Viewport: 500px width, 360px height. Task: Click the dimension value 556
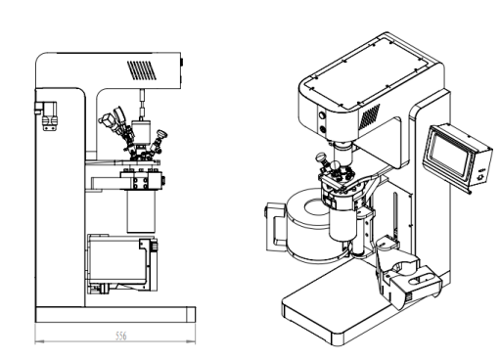121,336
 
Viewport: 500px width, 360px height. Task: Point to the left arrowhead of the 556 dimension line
39,341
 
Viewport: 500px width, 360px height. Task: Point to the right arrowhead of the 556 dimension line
192,341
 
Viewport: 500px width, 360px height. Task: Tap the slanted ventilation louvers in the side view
142,70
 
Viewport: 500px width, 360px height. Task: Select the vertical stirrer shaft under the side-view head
142,105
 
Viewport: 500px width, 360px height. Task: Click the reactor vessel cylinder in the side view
141,211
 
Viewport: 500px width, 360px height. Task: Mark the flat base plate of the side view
115,315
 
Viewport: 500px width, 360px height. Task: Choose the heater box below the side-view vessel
122,262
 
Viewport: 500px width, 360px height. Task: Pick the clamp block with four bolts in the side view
141,180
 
